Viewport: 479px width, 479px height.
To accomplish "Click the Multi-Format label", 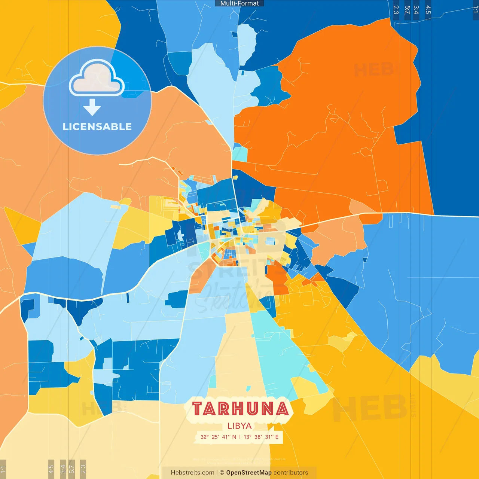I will tap(239, 3).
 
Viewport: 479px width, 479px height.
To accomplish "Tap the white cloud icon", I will tap(97, 78).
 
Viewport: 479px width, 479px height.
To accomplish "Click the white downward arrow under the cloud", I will tap(92, 107).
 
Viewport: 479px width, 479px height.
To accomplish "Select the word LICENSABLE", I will tap(97, 126).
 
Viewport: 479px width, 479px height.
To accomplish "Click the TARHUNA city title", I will tap(240, 409).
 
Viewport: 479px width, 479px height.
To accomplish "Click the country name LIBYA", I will tap(239, 426).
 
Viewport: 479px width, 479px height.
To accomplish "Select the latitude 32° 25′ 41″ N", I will tap(218, 437).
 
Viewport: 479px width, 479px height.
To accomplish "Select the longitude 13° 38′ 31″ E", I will tap(261, 437).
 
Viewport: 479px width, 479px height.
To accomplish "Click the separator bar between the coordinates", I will tap(240, 437).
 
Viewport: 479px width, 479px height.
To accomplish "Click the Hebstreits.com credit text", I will tap(192, 473).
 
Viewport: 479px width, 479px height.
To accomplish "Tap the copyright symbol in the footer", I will tap(222, 473).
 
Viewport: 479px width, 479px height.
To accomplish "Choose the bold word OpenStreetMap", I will tap(249, 473).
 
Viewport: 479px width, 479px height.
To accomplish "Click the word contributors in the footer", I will tap(291, 473).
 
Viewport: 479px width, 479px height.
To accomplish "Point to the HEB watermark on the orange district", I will tap(373, 70).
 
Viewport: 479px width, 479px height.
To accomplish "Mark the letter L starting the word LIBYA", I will tap(229, 426).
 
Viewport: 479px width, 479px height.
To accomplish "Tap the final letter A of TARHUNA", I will tap(283, 409).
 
